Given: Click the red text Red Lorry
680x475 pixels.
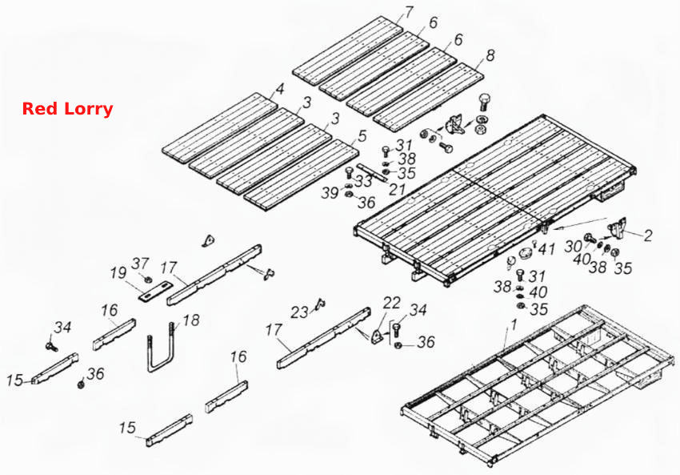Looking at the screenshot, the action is click(x=67, y=109).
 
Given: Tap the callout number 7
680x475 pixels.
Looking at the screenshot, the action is click(x=409, y=12).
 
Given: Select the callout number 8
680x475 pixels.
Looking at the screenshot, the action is click(x=490, y=55).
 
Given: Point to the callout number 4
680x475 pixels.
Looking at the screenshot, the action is click(x=280, y=89).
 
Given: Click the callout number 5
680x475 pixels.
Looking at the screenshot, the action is click(x=362, y=135).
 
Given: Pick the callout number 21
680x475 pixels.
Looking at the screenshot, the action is click(x=397, y=188).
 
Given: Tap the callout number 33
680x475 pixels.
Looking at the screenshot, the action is click(x=363, y=180).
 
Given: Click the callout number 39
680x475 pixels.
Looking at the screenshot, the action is click(x=330, y=192).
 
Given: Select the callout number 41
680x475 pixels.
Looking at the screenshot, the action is click(x=546, y=249).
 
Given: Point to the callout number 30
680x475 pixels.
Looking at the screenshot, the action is click(x=573, y=246).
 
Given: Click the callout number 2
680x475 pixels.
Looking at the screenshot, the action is click(x=648, y=235).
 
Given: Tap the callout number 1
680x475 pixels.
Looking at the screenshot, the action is click(x=514, y=324).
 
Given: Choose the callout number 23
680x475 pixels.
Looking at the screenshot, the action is click(x=299, y=312).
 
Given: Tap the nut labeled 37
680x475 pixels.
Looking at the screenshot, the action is click(x=147, y=278).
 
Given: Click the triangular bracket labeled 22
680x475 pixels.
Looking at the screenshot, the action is click(x=377, y=337).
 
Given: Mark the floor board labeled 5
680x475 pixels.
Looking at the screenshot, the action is click(x=301, y=175).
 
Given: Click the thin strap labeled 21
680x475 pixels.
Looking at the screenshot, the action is click(x=372, y=171).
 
